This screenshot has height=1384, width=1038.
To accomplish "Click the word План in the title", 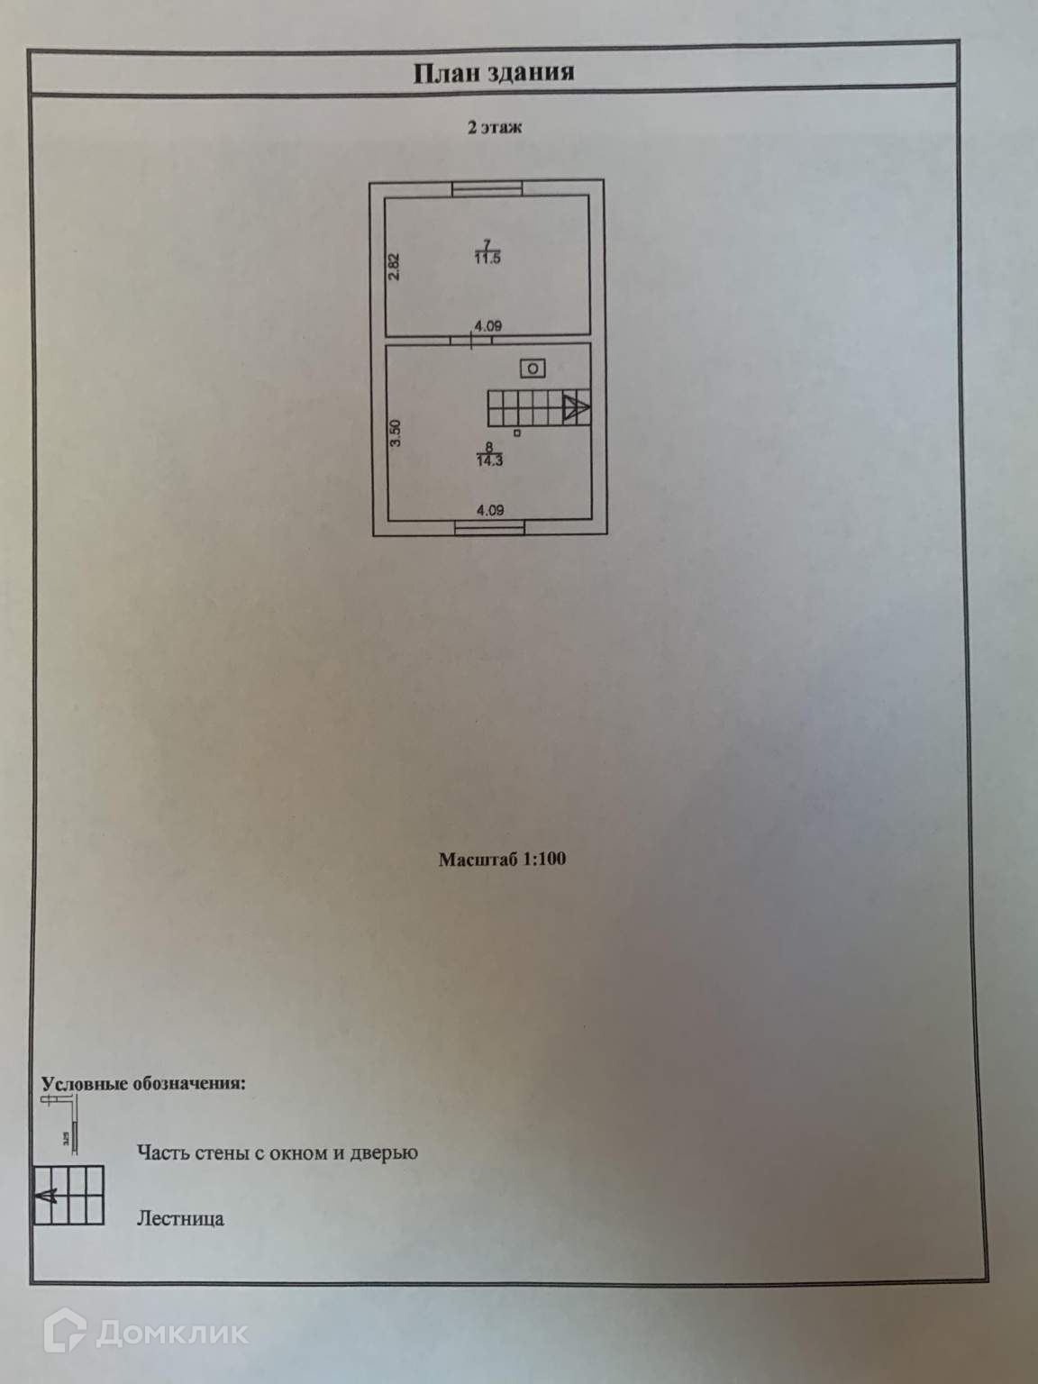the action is point(445,73).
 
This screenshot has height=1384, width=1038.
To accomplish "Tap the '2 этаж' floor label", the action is point(494,128).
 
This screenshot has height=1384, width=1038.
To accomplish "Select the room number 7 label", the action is point(487,243).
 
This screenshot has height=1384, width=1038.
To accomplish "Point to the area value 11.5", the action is point(487,259).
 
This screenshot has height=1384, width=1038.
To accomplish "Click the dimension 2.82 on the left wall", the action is point(394,266).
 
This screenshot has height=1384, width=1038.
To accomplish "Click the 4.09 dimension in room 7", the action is point(488,326).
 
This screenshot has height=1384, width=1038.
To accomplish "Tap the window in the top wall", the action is point(487,187).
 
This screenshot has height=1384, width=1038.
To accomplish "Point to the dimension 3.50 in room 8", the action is point(395,433).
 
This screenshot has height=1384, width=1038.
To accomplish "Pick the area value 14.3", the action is point(489,460).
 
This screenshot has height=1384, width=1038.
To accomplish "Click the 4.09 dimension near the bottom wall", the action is point(489,510).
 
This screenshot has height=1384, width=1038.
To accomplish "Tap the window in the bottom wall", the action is point(490,528).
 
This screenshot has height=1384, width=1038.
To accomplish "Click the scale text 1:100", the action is point(544,859).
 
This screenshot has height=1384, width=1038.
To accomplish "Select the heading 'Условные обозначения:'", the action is point(144,1083).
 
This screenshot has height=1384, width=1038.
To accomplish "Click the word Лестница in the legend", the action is point(180,1219).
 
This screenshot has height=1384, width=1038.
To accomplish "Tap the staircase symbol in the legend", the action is point(69,1196).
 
